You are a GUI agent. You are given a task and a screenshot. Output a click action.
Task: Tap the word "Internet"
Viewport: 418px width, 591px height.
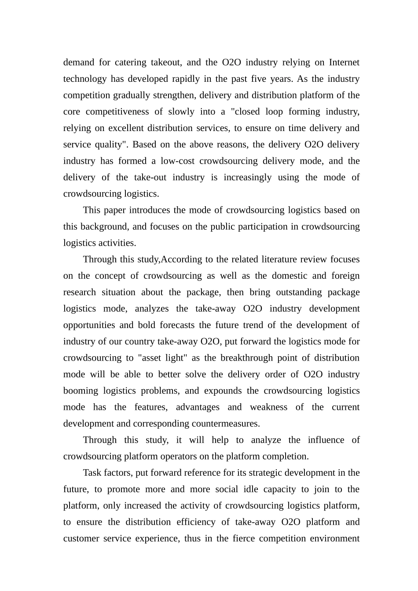tap(344, 62)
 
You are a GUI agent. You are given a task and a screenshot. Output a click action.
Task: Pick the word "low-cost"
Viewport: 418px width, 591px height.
tap(177, 161)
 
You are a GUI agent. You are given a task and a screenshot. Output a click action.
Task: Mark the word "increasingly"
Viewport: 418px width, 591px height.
tap(248, 177)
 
